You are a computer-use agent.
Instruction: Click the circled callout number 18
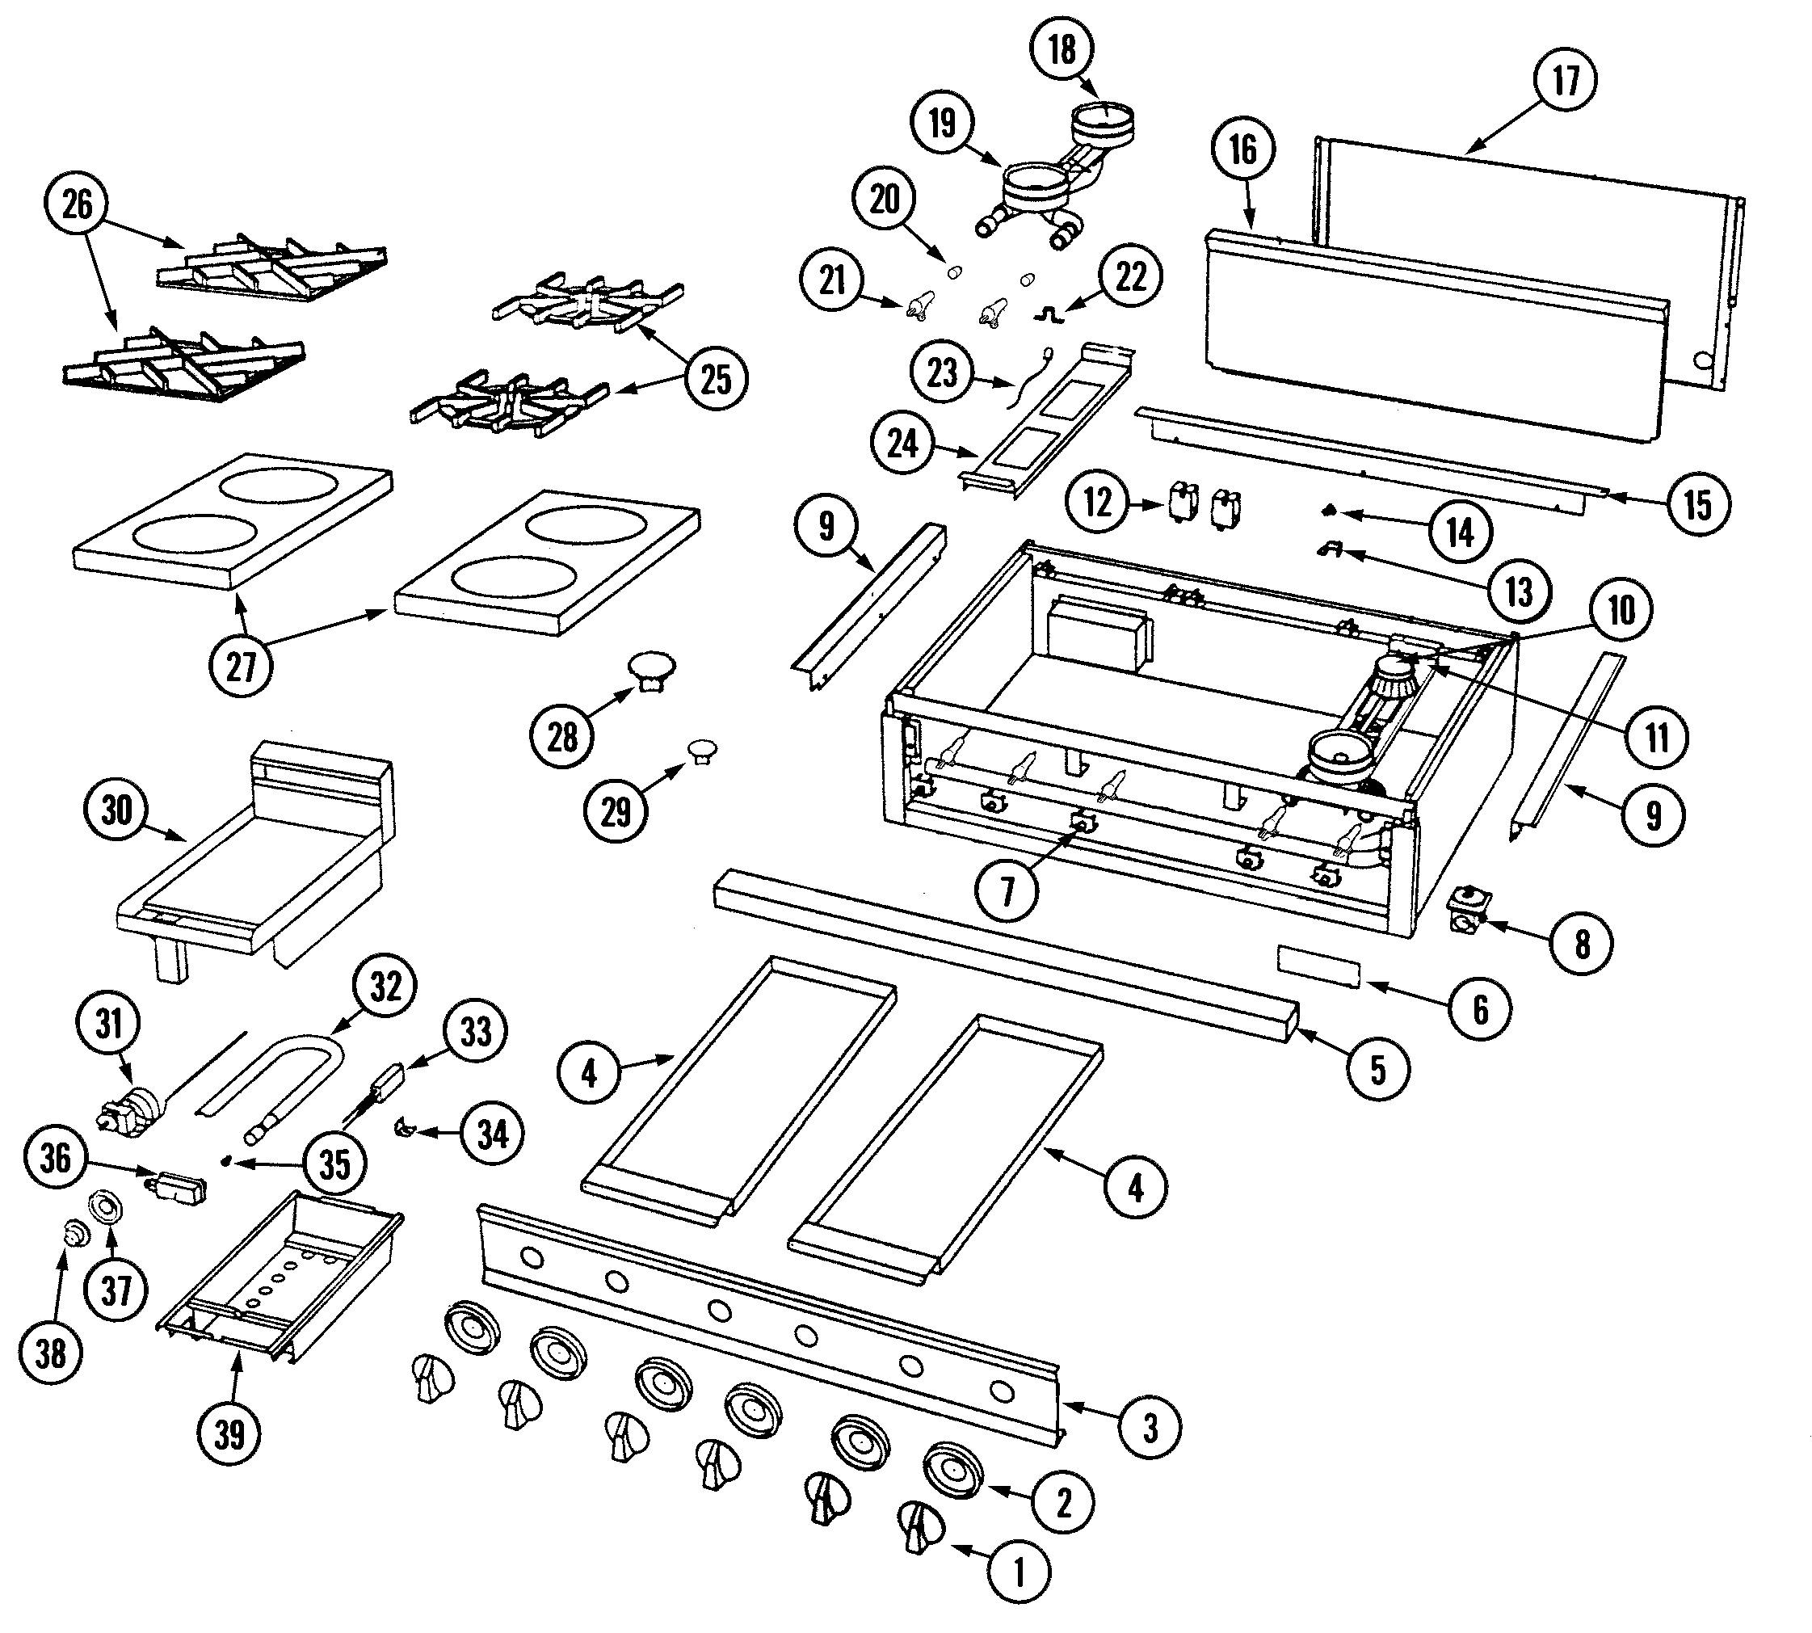(x=1062, y=49)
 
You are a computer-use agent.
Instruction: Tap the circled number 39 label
(x=229, y=1433)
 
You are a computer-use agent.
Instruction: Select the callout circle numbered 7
(x=1007, y=891)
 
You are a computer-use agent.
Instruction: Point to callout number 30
(x=116, y=810)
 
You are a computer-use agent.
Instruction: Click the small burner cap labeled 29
(x=701, y=749)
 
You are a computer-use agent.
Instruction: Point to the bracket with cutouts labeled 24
(x=1045, y=417)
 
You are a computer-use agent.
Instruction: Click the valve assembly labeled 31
(x=132, y=1108)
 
